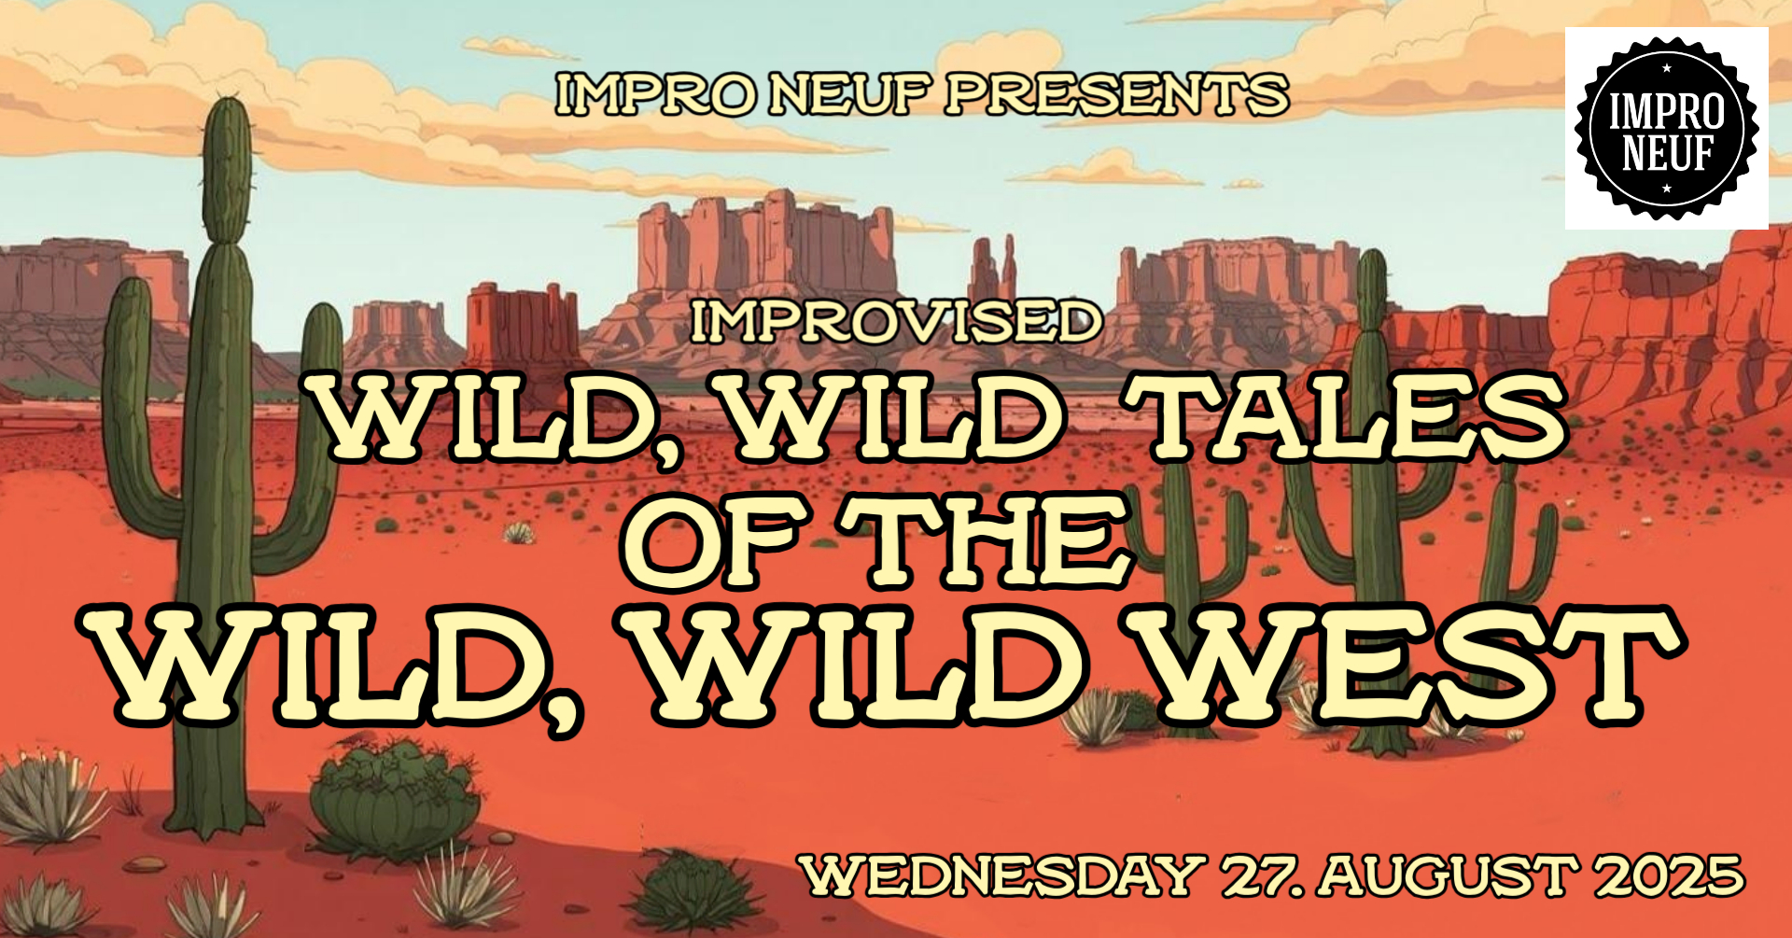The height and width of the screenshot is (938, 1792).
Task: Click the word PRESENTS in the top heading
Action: click(1116, 95)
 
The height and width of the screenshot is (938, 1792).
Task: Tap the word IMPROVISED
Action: click(896, 322)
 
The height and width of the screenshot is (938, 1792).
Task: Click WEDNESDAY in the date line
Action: click(1004, 876)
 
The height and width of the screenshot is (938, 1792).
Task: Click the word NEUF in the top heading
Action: click(851, 95)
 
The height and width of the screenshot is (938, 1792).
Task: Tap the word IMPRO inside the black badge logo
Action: click(1667, 111)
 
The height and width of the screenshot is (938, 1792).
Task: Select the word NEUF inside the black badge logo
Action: click(1667, 152)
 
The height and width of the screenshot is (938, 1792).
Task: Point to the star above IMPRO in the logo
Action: click(1667, 67)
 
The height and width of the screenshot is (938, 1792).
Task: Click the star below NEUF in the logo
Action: click(1667, 189)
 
